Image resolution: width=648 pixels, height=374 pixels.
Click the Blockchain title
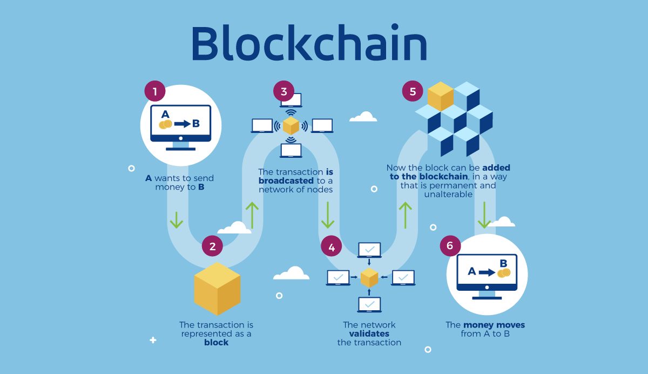[309, 43]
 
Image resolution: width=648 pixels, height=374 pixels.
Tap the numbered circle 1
[154, 91]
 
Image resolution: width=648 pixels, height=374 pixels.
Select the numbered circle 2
[212, 246]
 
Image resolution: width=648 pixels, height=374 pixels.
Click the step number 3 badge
[283, 91]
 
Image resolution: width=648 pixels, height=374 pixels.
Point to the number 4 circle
[331, 247]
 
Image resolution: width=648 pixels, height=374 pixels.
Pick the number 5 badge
[413, 91]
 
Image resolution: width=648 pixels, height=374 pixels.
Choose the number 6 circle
[450, 246]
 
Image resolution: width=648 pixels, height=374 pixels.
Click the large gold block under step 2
[217, 289]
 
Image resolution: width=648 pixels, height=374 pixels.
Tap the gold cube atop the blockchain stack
[440, 96]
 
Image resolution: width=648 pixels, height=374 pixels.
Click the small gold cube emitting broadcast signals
[291, 125]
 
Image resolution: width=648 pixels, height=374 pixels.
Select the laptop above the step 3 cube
[292, 101]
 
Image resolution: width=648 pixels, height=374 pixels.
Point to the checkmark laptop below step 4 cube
[369, 305]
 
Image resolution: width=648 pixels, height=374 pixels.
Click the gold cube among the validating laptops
[369, 277]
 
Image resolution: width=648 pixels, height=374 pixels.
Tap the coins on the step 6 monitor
[504, 273]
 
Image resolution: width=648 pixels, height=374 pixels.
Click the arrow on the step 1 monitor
[183, 124]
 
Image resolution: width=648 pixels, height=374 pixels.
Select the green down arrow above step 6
[484, 215]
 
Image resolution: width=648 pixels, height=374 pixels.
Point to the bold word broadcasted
[286, 181]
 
